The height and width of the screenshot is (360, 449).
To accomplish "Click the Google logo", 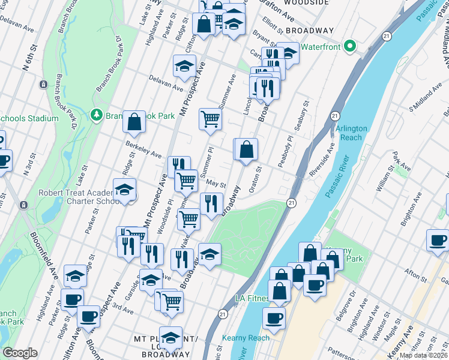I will pyautogui.click(x=20, y=353).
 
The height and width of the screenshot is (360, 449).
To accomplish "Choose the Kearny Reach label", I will pyautogui.click(x=246, y=338).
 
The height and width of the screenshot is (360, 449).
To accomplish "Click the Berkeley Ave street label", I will pyautogui.click(x=143, y=150).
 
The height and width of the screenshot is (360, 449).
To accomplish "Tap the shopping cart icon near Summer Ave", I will pyautogui.click(x=210, y=118).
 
